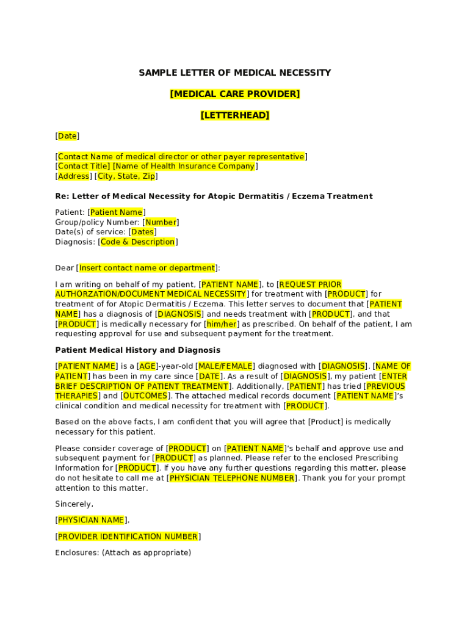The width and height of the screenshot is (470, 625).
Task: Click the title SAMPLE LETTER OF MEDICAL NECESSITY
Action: pyautogui.click(x=234, y=73)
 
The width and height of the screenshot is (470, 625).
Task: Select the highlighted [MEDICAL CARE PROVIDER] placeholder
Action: pyautogui.click(x=234, y=94)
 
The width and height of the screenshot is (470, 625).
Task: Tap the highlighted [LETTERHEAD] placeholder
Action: pyautogui.click(x=234, y=115)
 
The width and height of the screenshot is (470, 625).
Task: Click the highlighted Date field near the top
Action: pyautogui.click(x=67, y=136)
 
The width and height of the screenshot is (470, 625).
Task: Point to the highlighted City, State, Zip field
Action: pyautogui.click(x=126, y=176)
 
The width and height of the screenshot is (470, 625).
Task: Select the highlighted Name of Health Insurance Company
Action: pyautogui.click(x=184, y=166)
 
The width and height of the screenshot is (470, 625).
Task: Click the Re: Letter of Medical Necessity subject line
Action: pyautogui.click(x=214, y=197)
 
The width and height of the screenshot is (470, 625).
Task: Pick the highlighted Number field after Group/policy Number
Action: pyautogui.click(x=161, y=222)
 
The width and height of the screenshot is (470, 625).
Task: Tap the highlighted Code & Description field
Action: pyautogui.click(x=137, y=242)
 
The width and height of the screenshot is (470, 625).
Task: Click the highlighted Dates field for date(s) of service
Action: pyautogui.click(x=142, y=232)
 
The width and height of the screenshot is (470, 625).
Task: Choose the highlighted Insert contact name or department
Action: pyautogui.click(x=147, y=268)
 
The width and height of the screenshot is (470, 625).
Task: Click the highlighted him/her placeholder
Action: pyautogui.click(x=221, y=324)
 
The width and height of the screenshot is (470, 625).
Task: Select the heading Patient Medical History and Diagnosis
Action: pyautogui.click(x=138, y=350)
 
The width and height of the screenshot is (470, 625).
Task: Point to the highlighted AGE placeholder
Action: pyautogui.click(x=148, y=366)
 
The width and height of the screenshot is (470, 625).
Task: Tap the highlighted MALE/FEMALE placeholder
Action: pyautogui.click(x=225, y=366)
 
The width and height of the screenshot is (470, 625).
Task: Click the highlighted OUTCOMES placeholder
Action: pyautogui.click(x=145, y=396)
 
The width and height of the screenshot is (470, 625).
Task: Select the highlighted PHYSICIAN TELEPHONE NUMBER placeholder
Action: pyautogui.click(x=232, y=479)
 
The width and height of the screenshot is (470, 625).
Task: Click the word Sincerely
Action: pyautogui.click(x=74, y=504)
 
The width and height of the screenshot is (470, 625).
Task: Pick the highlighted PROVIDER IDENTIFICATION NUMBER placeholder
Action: pyautogui.click(x=128, y=537)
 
